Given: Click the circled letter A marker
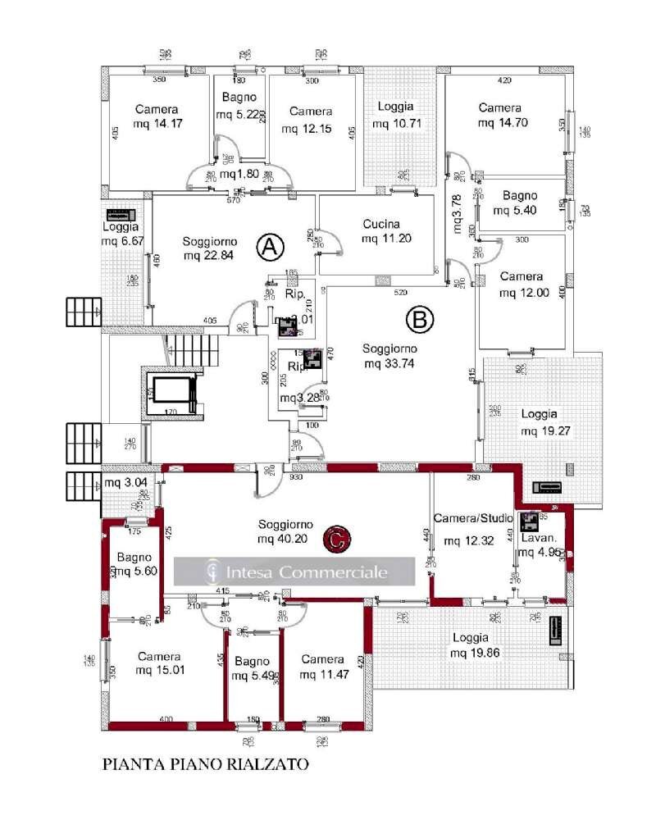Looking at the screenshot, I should [270, 244].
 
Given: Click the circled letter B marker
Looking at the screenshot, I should [419, 321].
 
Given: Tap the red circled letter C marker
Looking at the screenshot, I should [335, 539].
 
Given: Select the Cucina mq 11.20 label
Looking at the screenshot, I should [380, 231].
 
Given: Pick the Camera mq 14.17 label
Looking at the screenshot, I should [155, 117].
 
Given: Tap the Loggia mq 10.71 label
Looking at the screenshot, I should [396, 115].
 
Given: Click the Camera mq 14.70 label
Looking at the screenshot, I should [499, 116].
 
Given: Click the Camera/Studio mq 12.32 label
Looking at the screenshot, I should [472, 530].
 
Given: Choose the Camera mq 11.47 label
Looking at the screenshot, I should [322, 667].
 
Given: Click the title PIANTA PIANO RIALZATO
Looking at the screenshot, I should [205, 764].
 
